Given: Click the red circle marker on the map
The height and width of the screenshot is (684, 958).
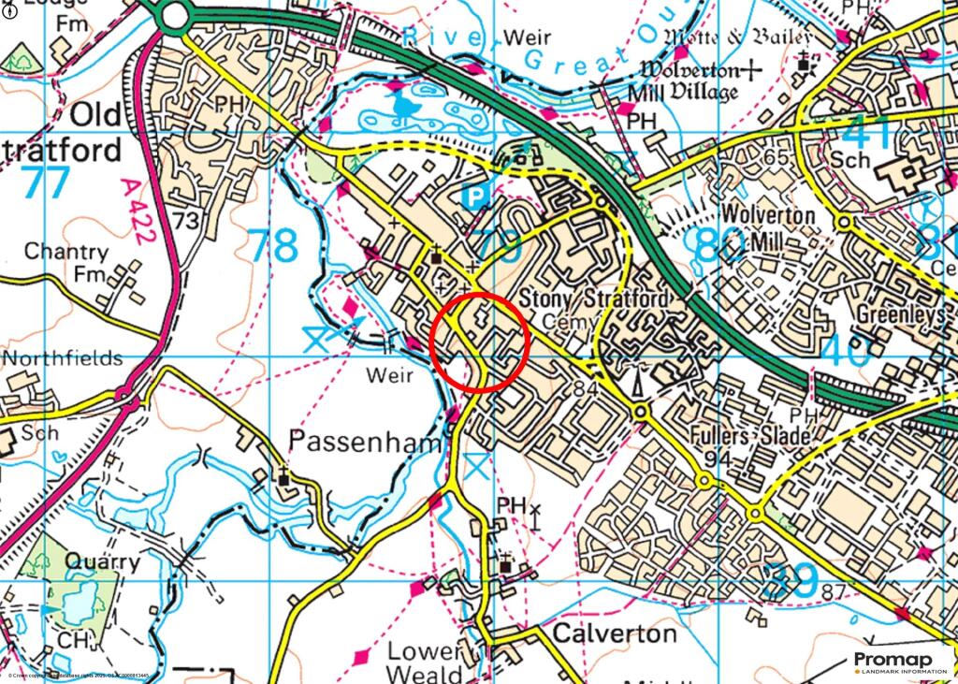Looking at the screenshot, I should click(x=481, y=342).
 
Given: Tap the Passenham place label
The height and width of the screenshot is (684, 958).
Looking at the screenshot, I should click(x=364, y=441).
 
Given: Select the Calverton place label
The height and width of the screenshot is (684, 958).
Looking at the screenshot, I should click(x=614, y=633).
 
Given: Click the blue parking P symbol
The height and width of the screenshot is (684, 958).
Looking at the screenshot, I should click(x=477, y=196).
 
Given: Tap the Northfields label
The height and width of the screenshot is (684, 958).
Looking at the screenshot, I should click(x=62, y=358).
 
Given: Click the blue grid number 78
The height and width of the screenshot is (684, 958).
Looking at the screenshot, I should click(x=273, y=246).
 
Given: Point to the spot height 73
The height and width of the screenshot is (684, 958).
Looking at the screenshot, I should click(x=186, y=221).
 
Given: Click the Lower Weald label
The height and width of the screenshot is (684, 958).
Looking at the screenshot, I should click(x=426, y=662).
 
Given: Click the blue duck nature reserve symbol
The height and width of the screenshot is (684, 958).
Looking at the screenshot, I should click(x=405, y=106).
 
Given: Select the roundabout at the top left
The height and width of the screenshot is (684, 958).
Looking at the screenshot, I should click(x=173, y=14).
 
